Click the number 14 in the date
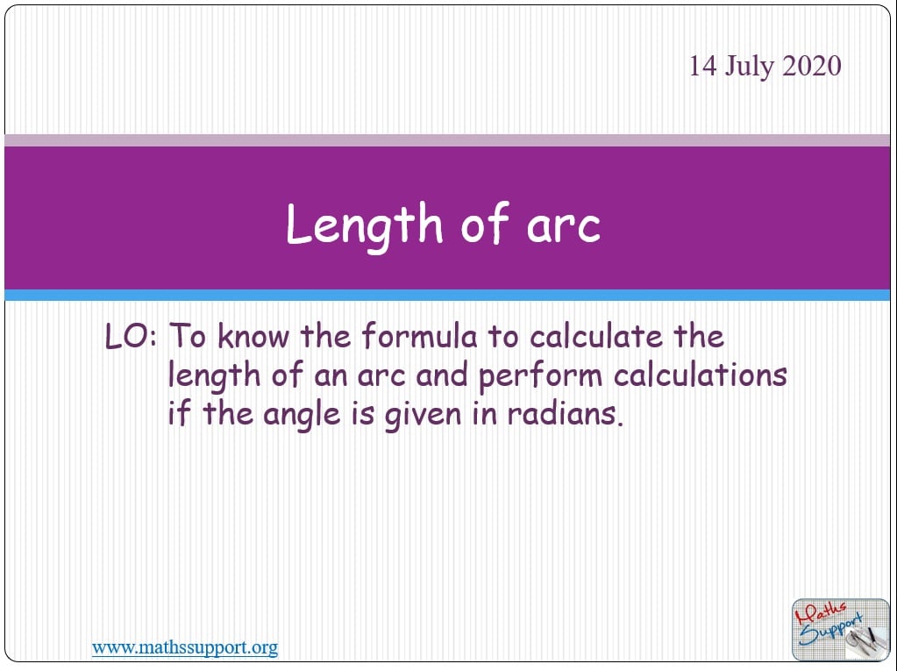(x=702, y=66)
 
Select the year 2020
(x=812, y=66)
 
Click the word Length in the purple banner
(x=365, y=225)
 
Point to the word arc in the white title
(x=564, y=225)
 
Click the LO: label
(x=131, y=337)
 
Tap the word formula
(x=420, y=336)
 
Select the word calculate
(x=596, y=336)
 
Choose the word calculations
(x=701, y=375)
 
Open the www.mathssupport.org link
(x=185, y=647)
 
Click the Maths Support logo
(x=840, y=630)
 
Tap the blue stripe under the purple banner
(x=447, y=296)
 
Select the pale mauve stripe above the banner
(x=447, y=140)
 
